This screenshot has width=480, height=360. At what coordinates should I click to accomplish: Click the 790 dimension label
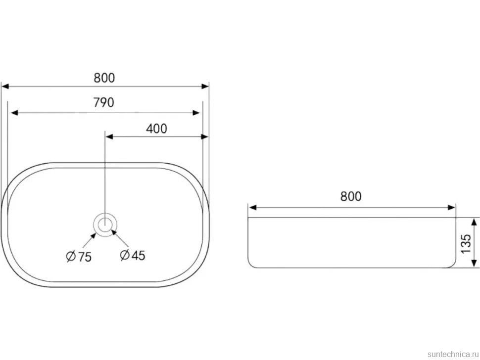[x=104, y=102]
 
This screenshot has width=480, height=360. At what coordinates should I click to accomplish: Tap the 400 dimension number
[x=156, y=129]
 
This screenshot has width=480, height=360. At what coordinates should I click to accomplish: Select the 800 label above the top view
[x=104, y=78]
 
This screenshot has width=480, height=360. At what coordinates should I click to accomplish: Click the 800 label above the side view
[x=351, y=196]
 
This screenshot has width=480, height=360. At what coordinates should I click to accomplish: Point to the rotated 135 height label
[x=466, y=243]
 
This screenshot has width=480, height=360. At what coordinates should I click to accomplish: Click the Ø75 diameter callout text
[x=79, y=256]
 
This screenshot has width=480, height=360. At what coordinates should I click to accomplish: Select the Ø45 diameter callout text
[x=133, y=255]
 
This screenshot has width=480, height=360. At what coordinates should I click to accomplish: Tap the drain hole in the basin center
[x=105, y=225]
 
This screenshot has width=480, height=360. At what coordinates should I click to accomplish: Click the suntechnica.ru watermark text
[x=453, y=354]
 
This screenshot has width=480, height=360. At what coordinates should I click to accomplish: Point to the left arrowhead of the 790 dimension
[x=14, y=113]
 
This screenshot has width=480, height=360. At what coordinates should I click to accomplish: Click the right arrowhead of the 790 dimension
[x=196, y=113]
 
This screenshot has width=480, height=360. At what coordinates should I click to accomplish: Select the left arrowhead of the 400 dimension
[x=109, y=136]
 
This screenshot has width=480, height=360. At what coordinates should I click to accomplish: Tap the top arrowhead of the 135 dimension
[x=474, y=222]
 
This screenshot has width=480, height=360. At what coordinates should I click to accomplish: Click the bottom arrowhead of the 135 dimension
[x=474, y=264]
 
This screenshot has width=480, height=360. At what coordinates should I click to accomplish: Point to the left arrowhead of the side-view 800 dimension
[x=252, y=208]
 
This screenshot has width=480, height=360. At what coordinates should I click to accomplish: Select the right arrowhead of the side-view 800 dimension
[x=451, y=208]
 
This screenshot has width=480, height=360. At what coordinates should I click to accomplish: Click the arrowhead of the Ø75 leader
[x=93, y=235]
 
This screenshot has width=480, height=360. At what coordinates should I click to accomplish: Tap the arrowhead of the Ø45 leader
[x=114, y=232]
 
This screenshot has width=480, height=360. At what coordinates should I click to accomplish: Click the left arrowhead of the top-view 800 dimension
[x=5, y=87]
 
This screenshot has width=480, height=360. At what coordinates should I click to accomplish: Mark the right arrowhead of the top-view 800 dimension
[x=205, y=87]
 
